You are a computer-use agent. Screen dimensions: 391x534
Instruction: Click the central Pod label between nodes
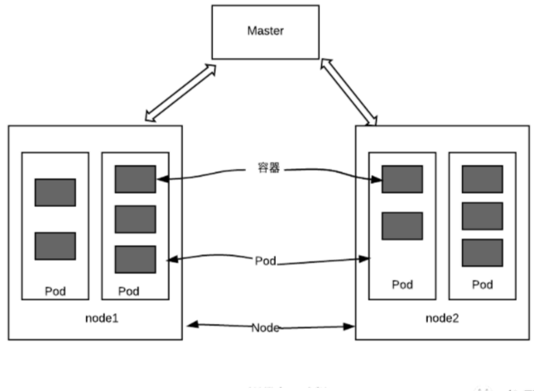pyautogui.click(x=266, y=260)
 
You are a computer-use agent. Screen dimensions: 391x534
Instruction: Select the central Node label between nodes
pyautogui.click(x=267, y=328)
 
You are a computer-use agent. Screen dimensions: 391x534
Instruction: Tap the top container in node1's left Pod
pyautogui.click(x=55, y=192)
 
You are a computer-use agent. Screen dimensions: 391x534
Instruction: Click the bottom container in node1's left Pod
pyautogui.click(x=55, y=246)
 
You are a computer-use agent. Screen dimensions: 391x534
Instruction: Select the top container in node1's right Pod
pyautogui.click(x=135, y=179)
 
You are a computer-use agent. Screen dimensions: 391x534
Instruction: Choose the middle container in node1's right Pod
pyautogui.click(x=135, y=219)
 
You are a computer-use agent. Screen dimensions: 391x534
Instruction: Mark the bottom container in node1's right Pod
pyautogui.click(x=135, y=259)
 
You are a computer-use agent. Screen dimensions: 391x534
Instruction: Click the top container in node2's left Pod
pyautogui.click(x=402, y=179)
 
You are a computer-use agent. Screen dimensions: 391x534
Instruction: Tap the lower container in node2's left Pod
pyautogui.click(x=402, y=225)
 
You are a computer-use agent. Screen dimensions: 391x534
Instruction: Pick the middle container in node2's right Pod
pyautogui.click(x=482, y=215)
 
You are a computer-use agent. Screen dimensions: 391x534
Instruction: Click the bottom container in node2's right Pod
pyautogui.click(x=482, y=253)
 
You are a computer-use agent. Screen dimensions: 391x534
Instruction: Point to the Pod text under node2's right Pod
pyautogui.click(x=482, y=285)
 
